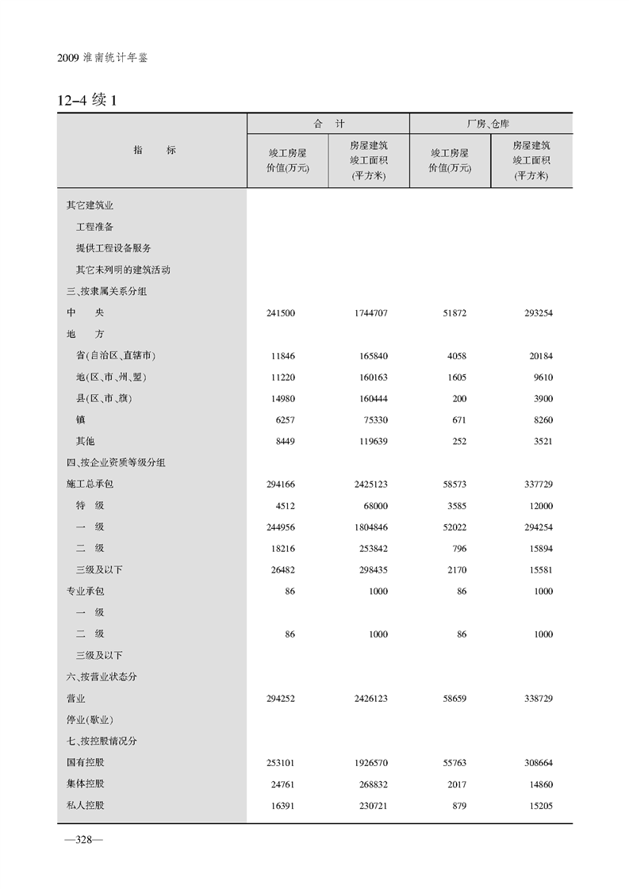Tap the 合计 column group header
[x=328, y=125]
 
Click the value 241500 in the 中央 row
[x=282, y=313]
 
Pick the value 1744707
[x=366, y=313]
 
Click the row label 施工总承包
[x=90, y=484]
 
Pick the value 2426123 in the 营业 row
[x=366, y=699]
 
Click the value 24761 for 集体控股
[x=282, y=784]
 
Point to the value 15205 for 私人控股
[x=539, y=806]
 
